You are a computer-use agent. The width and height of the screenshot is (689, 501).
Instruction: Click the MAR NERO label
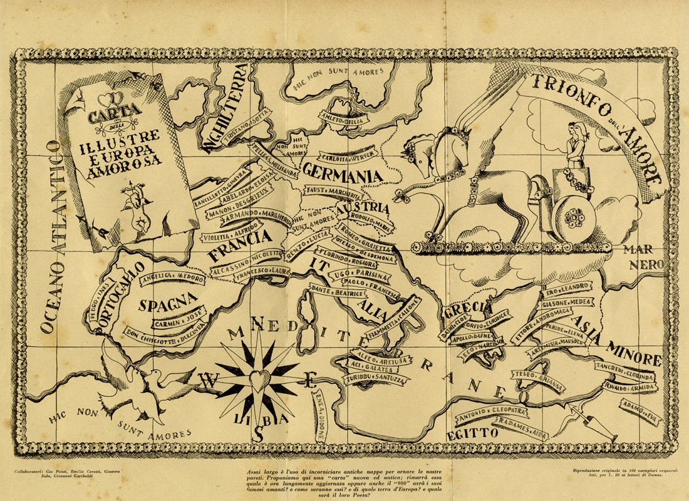coord(640,257)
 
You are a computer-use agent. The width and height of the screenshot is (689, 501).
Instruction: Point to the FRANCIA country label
coord(239,247)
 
